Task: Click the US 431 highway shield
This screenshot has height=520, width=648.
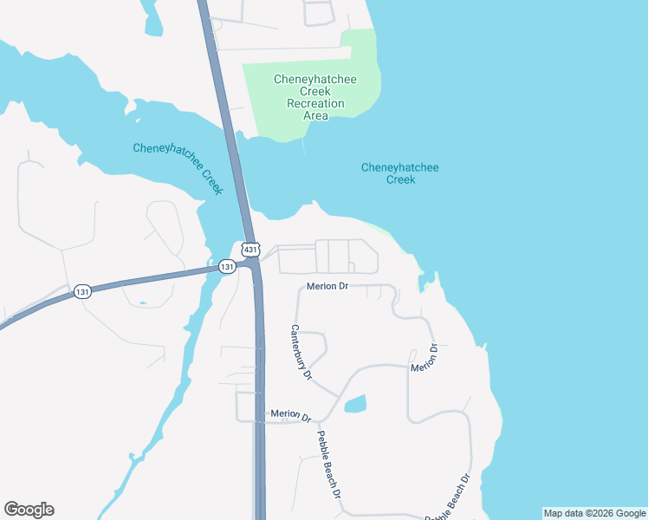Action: click(x=249, y=250)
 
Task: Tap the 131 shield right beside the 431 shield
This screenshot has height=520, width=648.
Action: click(x=226, y=266)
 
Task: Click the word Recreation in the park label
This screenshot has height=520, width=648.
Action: click(x=315, y=103)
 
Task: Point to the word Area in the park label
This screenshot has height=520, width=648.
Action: click(x=315, y=115)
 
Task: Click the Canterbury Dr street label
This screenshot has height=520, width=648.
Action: click(x=300, y=352)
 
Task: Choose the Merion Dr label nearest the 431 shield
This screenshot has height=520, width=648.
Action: click(x=326, y=286)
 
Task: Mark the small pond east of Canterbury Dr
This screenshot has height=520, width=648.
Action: click(x=355, y=404)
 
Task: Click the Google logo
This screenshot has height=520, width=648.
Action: click(x=29, y=510)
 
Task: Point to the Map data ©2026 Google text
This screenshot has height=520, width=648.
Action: click(x=594, y=513)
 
